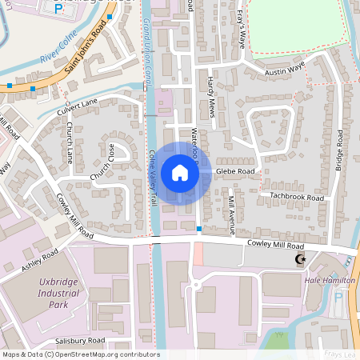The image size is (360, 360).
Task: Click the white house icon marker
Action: pyautogui.click(x=180, y=172)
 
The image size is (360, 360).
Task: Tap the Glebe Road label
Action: pyautogui.click(x=235, y=171)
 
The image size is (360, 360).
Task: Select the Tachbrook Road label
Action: pyautogui.click(x=297, y=196)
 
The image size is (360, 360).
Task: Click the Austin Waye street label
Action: pyautogui.click(x=285, y=72)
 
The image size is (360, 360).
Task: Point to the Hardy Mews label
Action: pyautogui.click(x=211, y=97)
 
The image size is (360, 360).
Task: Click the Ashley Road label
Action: pyautogui.click(x=41, y=262)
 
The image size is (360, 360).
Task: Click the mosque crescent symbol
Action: pyautogui.click(x=301, y=260)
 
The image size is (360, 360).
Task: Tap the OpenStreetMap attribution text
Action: pyautogui.click(x=81, y=354)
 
